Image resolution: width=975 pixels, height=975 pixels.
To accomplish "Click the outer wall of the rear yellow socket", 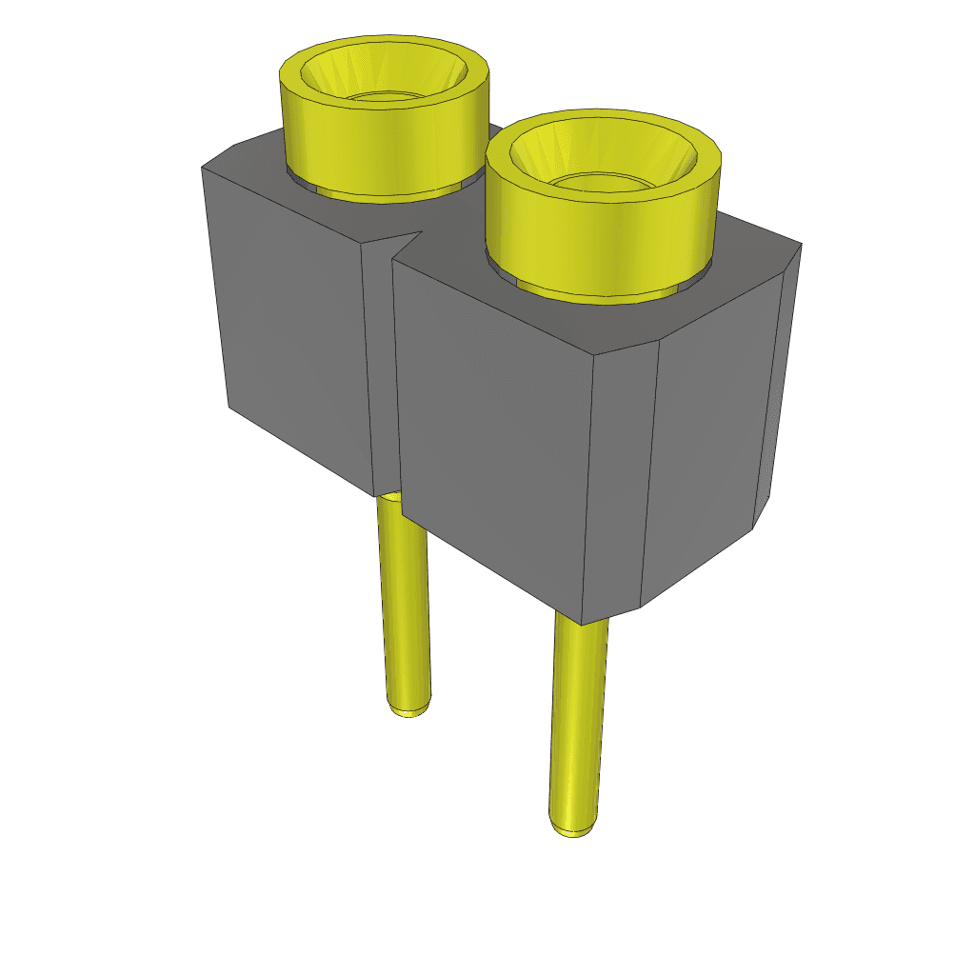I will coord(381,143).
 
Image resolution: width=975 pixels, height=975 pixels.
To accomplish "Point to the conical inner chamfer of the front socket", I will coord(552,152).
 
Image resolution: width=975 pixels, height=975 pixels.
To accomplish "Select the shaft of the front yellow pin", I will coord(577,724).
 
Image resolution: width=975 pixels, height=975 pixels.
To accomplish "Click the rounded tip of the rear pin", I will coord(408,710).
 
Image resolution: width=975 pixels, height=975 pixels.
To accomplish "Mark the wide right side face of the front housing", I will coord(709,438).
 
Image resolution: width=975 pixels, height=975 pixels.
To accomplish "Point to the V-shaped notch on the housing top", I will coord(405,243).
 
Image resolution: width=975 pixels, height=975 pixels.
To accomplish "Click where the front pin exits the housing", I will coord(581,624).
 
